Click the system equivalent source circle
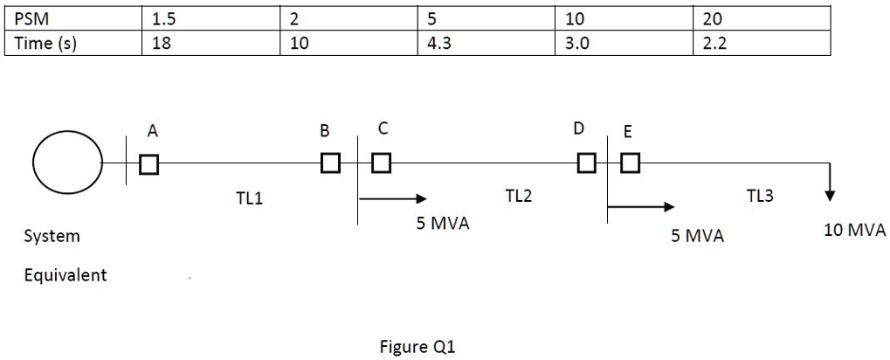coord(67,163)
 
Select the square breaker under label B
coord(330,163)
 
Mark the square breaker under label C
coord(381,163)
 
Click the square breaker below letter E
coord(630,163)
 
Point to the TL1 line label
coord(249,200)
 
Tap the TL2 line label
coord(518,197)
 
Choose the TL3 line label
coord(760,197)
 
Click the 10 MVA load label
coord(854,231)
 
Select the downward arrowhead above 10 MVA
coord(830,193)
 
